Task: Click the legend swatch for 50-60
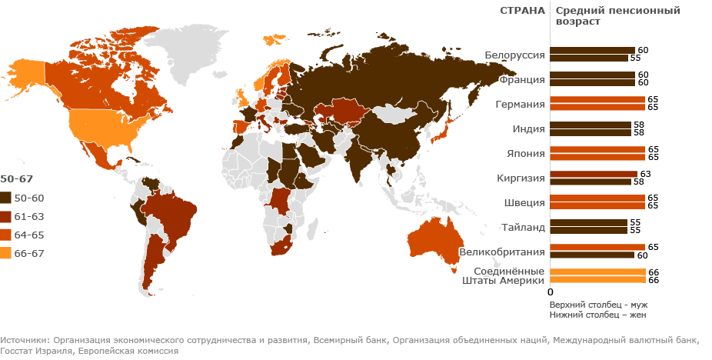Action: [5, 198]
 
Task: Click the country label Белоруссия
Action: [515, 55]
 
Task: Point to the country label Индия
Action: [528, 128]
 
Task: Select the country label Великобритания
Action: [502, 252]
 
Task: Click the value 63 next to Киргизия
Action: [644, 174]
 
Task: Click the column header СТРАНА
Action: [522, 10]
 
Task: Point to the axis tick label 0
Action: [550, 292]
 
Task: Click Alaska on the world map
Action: [23, 73]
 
